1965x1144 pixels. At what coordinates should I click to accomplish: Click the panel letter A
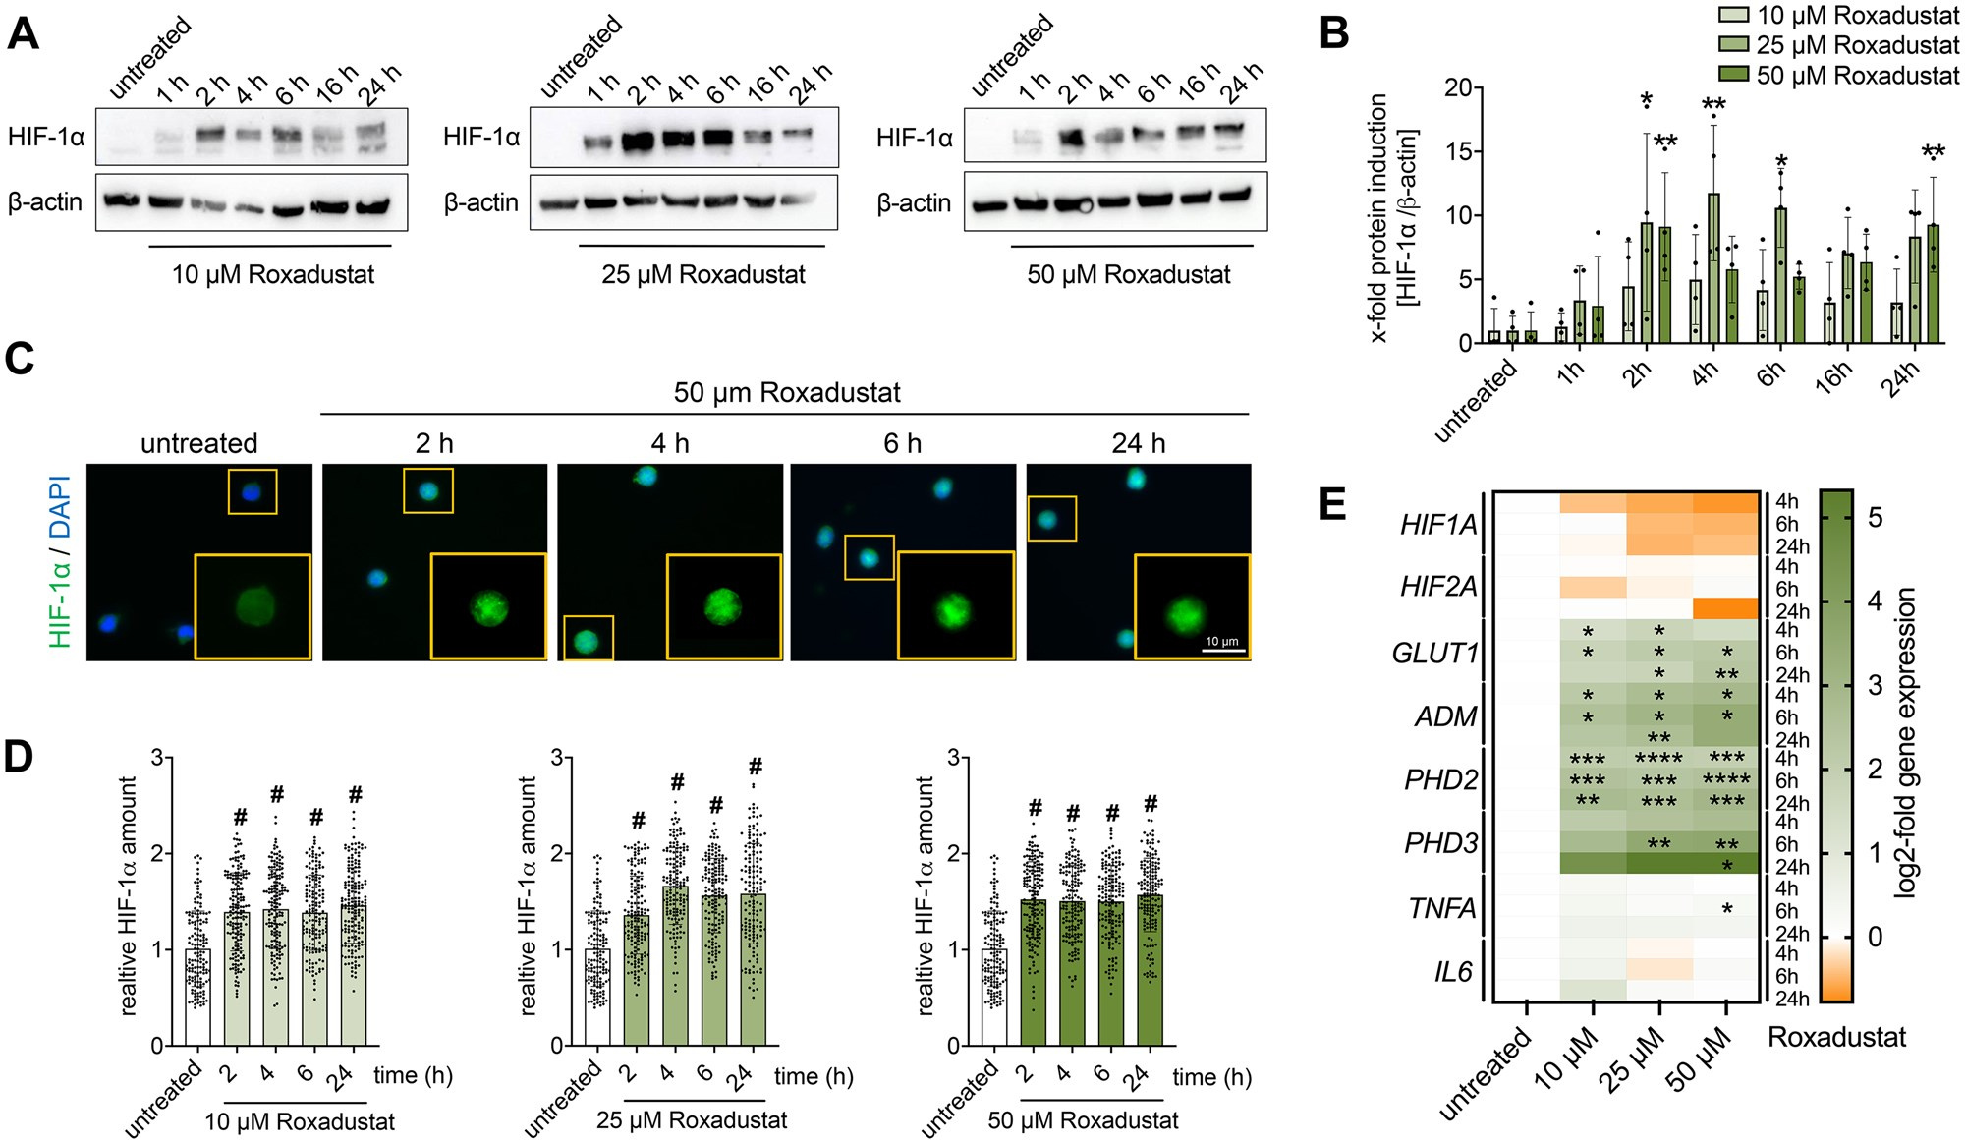24,33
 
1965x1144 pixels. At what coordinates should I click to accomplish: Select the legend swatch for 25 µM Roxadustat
1734,45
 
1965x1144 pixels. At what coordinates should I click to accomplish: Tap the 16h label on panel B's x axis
1833,376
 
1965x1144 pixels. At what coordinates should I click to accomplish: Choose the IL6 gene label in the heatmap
1452,972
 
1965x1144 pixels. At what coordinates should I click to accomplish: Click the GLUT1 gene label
1434,653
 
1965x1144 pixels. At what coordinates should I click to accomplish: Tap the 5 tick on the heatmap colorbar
1875,517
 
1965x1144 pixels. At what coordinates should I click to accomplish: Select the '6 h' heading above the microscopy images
902,443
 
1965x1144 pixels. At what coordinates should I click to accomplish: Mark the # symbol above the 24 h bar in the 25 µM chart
755,767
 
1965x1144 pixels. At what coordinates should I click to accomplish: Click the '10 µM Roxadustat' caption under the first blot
272,274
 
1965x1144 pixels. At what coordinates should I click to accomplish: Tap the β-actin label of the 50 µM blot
914,202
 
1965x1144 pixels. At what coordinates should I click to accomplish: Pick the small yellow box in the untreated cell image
253,491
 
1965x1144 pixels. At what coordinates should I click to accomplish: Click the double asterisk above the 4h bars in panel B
1713,105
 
